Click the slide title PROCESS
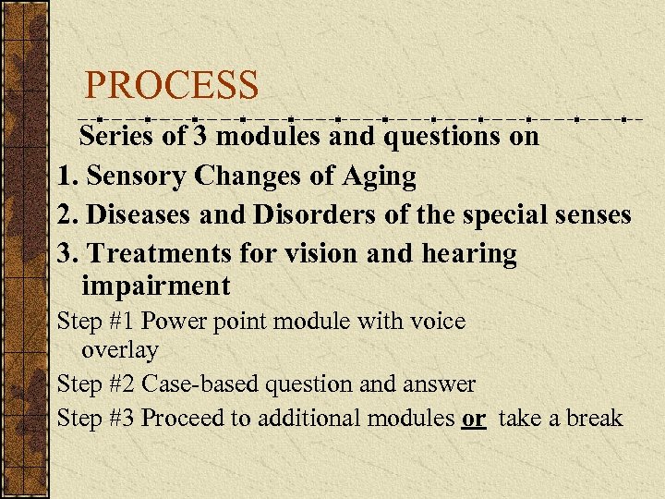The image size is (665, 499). [x=172, y=86]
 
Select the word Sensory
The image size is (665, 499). [x=142, y=176]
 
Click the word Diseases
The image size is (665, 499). [x=136, y=214]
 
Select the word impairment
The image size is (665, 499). [x=155, y=286]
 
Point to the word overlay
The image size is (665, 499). [x=120, y=351]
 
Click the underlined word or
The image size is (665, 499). [x=474, y=418]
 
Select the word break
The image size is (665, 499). [x=594, y=418]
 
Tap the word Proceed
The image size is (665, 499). [x=183, y=418]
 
